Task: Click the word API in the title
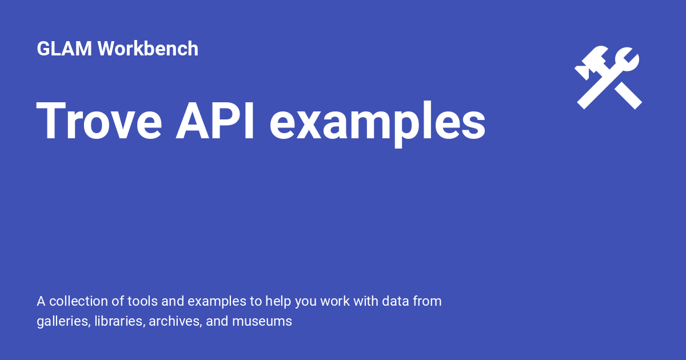pos(216,122)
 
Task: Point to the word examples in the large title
pos(378,123)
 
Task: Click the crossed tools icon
pos(608,78)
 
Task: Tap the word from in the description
pos(428,301)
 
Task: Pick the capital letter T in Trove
pos(51,122)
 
